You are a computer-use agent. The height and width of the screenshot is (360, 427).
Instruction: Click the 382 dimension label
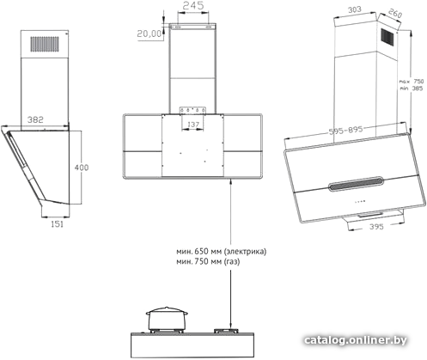(35, 119)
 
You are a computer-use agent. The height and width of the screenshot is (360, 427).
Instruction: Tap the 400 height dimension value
(82, 168)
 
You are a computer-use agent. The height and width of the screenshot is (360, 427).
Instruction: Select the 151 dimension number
(57, 224)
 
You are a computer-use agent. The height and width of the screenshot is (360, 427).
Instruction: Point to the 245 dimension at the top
(193, 5)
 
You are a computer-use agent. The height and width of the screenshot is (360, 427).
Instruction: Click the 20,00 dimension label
(149, 34)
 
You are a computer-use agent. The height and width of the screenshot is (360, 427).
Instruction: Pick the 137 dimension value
(193, 125)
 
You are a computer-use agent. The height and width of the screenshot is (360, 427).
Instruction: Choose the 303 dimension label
(355, 10)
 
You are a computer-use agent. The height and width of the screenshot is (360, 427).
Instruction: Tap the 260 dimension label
(395, 13)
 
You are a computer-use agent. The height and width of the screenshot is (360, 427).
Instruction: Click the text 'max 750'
(412, 82)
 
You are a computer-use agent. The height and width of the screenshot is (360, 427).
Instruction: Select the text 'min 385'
(412, 88)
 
